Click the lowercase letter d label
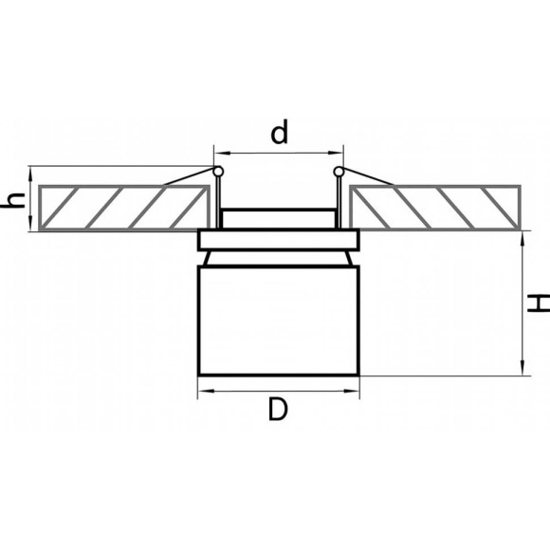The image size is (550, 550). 279,134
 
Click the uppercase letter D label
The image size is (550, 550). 277,410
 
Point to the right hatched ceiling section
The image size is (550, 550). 434,208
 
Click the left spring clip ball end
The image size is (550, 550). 218,172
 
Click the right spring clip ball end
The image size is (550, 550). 339,172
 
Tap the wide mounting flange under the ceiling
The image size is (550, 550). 278,239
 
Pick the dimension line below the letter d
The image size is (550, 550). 278,151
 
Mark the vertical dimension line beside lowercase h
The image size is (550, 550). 31,199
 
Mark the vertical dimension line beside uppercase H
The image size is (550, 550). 523,303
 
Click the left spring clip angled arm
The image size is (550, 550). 187,177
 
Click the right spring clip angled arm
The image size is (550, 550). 370,177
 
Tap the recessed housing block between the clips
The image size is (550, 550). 278,218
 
